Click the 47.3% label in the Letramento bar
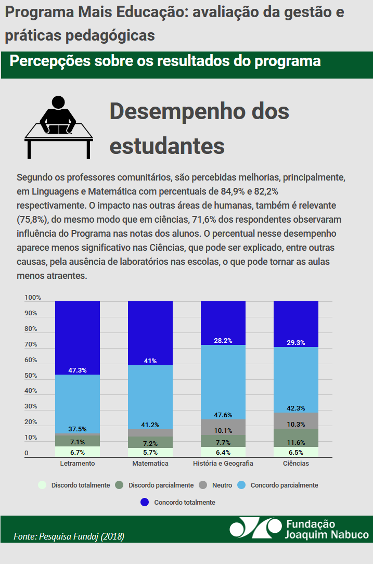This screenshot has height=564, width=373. point(78,370)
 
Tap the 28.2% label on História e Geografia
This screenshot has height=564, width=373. point(223,341)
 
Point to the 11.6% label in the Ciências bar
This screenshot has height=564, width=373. point(296,442)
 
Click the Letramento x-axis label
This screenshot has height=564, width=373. point(78,463)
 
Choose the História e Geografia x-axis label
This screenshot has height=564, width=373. point(223,463)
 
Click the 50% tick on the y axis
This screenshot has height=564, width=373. point(31,376)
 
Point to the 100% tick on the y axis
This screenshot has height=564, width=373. point(32,298)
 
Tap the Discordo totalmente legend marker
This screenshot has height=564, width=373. point(43,485)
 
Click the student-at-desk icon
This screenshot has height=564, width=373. point(58,126)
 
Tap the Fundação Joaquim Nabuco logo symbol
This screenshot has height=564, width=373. point(255,528)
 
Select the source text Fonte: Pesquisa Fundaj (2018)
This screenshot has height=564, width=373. point(69,536)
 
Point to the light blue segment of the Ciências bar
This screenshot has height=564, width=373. point(296,379)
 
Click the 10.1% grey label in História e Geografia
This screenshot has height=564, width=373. point(223,430)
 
